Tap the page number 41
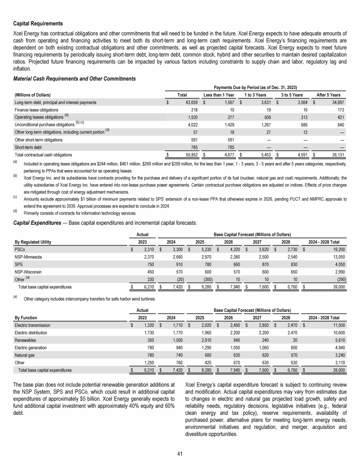pyautogui.click(x=180, y=453)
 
